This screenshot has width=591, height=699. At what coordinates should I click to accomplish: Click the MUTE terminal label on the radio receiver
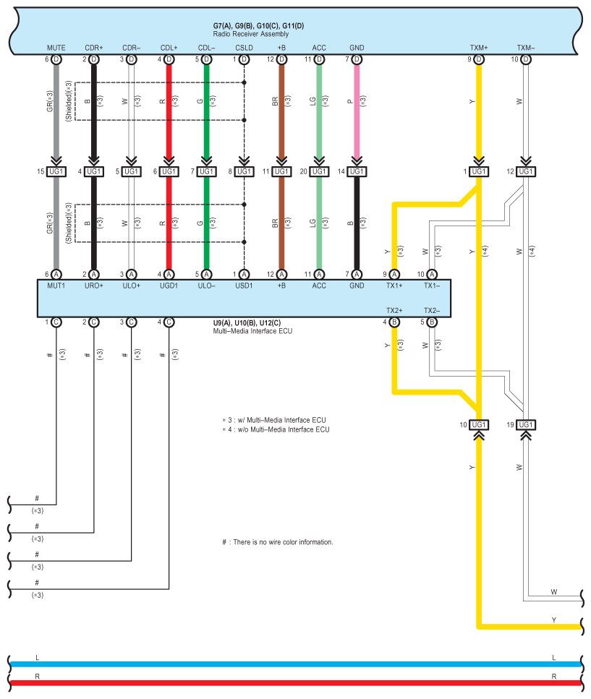point(56,48)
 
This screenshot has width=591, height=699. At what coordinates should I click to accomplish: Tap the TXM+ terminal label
point(478,48)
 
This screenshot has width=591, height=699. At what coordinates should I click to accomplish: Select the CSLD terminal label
point(244,48)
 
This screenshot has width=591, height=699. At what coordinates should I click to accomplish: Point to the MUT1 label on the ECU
point(56,286)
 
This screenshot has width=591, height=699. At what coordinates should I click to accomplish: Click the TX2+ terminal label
point(394,310)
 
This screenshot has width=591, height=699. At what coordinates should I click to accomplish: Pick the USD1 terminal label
point(244,286)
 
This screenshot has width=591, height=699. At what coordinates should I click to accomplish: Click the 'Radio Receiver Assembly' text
point(250,34)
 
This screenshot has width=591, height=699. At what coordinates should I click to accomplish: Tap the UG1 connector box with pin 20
point(319,171)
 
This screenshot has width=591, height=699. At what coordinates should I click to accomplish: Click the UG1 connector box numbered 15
point(56,171)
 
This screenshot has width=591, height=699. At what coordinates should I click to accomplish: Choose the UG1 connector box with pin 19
point(525,424)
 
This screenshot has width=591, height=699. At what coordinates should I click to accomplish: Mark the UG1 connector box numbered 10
point(478,424)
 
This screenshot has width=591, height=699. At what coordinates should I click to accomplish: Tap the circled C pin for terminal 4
point(169,322)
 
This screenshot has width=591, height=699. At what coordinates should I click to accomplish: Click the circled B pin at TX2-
point(432,322)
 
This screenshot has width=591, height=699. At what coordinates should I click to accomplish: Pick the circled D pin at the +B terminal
point(281,59)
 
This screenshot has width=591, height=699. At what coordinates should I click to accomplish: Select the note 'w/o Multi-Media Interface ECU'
point(279,429)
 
